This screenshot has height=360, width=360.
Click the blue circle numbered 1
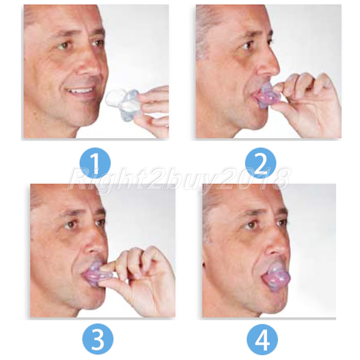coord(95,163)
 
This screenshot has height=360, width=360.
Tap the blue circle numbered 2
coord(260,163)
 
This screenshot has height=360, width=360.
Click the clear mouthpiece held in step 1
coord(122,100)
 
